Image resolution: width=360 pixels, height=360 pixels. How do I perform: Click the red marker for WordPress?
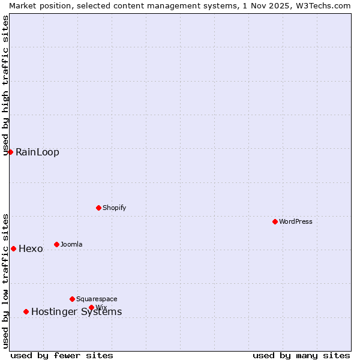pos(275,221)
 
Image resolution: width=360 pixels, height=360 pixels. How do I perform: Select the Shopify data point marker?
pos(98,208)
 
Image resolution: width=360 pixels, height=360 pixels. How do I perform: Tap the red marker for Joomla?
pos(56,244)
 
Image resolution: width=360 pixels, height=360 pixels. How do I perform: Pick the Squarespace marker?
pos(72,299)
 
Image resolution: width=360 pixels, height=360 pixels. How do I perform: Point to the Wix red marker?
pos(91,307)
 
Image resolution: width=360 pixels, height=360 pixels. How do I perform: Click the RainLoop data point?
pos(10,152)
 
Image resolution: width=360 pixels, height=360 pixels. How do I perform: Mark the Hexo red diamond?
pos(13,248)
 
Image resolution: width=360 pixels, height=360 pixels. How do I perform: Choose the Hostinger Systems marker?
pos(26,311)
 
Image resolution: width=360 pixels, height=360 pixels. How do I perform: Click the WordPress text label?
pos(296,221)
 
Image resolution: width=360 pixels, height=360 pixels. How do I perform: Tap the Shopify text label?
pos(115,208)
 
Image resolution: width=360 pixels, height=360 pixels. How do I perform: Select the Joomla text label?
pos(71,244)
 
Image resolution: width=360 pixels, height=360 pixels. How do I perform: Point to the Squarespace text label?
pos(97,299)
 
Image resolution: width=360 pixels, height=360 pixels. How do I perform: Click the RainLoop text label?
pos(37,152)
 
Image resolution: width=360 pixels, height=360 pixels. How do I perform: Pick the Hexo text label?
pos(31,249)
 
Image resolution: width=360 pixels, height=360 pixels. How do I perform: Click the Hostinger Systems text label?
pos(76,312)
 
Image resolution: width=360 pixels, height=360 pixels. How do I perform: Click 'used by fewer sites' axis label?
pos(62,355)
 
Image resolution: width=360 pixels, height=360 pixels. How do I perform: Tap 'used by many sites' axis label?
pos(301,355)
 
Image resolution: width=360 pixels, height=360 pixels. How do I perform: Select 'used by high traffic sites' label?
pos(5,85)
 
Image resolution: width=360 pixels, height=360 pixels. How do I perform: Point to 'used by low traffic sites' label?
pos(5,281)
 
